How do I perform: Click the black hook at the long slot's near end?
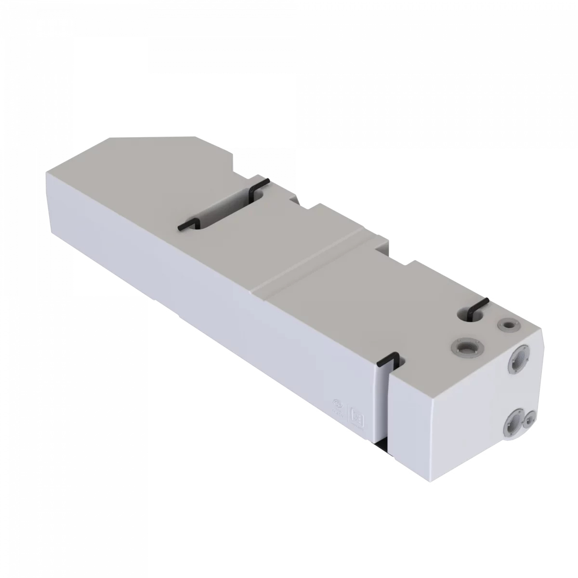(188, 224)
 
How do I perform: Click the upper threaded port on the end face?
(518, 357)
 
